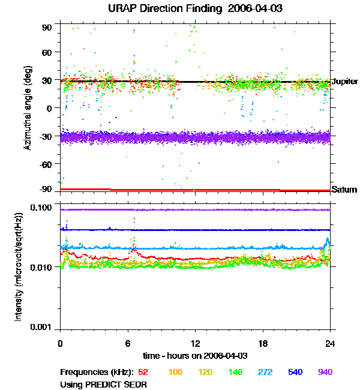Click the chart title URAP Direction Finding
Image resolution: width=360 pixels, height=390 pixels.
click(x=179, y=8)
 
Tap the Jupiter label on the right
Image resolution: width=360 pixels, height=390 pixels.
click(x=344, y=81)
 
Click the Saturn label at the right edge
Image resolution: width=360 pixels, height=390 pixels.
click(x=344, y=190)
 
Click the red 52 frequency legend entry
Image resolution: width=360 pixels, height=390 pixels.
click(x=143, y=373)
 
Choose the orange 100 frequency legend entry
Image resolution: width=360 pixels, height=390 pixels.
click(x=175, y=373)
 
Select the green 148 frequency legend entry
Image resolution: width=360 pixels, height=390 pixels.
click(x=236, y=373)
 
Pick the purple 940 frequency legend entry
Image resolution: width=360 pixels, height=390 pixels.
click(x=325, y=373)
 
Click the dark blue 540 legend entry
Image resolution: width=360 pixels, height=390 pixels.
click(x=295, y=373)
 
